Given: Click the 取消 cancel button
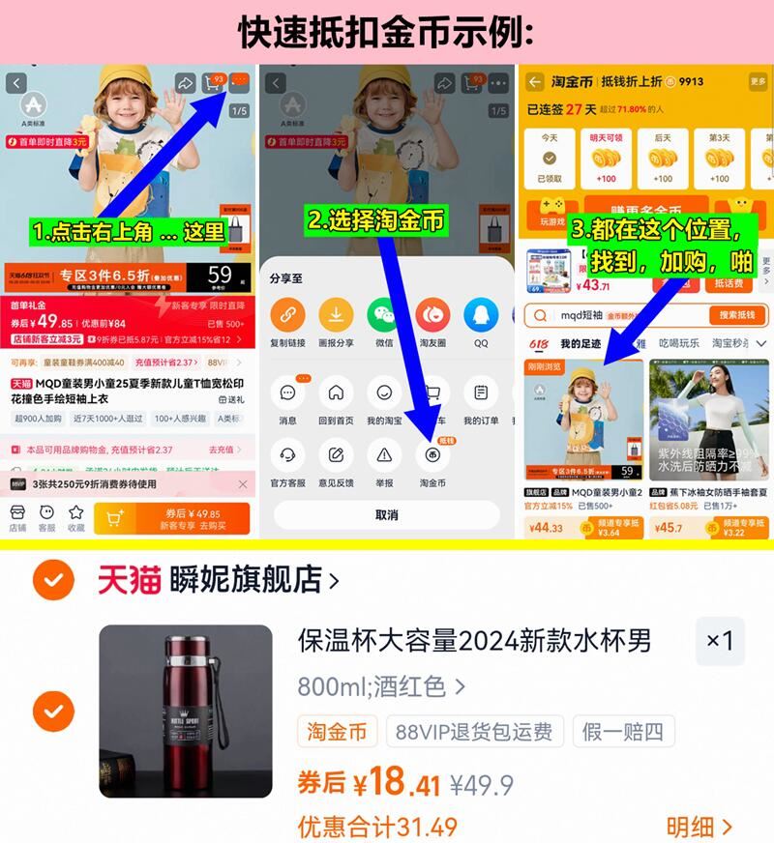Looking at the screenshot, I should pyautogui.click(x=386, y=515).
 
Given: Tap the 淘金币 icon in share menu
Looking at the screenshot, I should pyautogui.click(x=432, y=455).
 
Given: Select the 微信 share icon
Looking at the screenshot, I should pyautogui.click(x=384, y=315).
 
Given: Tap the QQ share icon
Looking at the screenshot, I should pyautogui.click(x=481, y=315).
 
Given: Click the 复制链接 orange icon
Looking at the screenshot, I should pyautogui.click(x=287, y=315).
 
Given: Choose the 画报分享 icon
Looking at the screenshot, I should pyautogui.click(x=336, y=315).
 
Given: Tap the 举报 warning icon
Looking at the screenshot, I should pyautogui.click(x=384, y=455).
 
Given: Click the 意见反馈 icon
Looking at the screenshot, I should pyautogui.click(x=336, y=455).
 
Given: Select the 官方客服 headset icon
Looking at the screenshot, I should pyautogui.click(x=287, y=455).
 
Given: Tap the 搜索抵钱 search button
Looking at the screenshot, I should pyautogui.click(x=737, y=315).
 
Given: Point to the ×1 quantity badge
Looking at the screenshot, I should pyautogui.click(x=720, y=641).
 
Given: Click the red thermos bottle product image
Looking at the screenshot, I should pyautogui.click(x=186, y=711).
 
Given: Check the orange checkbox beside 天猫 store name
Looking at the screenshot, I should pyautogui.click(x=53, y=580).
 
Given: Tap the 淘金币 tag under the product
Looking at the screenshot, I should pyautogui.click(x=338, y=731).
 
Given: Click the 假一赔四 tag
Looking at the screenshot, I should pyautogui.click(x=623, y=731).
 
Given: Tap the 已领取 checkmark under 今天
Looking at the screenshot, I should pyautogui.click(x=549, y=159).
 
